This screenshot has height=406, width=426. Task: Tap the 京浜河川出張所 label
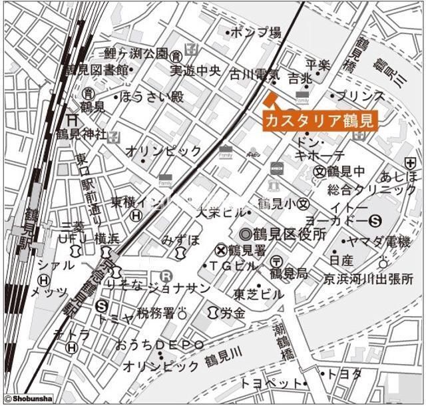[x=368, y=278]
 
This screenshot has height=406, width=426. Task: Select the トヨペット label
[x=272, y=383]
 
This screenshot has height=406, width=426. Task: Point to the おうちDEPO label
[x=159, y=345]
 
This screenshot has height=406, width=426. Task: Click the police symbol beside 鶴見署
[x=220, y=250]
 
